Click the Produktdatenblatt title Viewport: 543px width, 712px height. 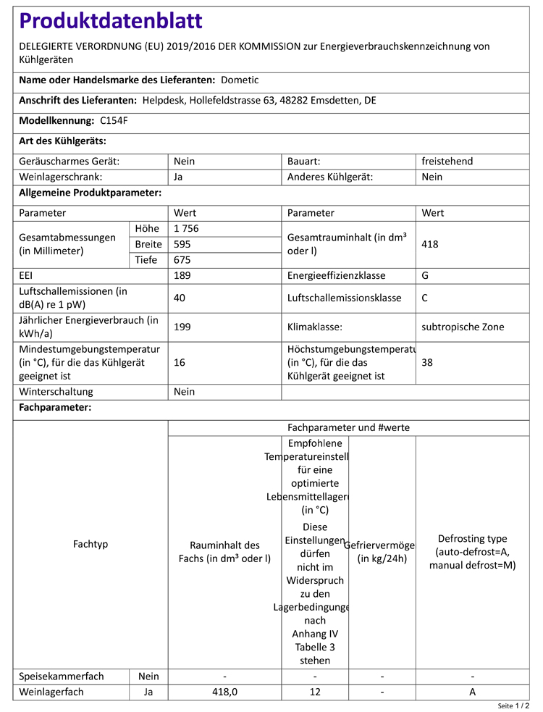click(x=111, y=21)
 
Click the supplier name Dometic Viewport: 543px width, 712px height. click(x=240, y=80)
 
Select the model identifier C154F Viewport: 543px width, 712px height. click(x=114, y=120)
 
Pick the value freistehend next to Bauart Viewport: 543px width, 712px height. click(x=447, y=161)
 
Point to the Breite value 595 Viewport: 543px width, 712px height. click(x=182, y=244)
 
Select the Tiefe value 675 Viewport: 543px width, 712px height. click(x=182, y=260)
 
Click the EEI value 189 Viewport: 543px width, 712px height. click(x=182, y=275)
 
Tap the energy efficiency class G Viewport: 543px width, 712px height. click(x=426, y=275)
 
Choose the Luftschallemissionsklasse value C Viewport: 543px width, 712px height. click(x=426, y=298)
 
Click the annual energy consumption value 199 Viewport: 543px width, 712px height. click(x=182, y=327)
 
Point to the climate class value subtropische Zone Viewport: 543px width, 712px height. click(x=463, y=327)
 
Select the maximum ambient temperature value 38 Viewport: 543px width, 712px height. click(x=428, y=362)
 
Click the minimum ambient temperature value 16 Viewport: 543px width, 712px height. click(x=180, y=362)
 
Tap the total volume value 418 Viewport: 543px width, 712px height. click(x=430, y=244)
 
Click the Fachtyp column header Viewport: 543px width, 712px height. click(x=90, y=543)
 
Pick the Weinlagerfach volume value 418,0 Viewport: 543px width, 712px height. click(x=224, y=692)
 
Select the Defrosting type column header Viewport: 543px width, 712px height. click(x=472, y=551)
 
